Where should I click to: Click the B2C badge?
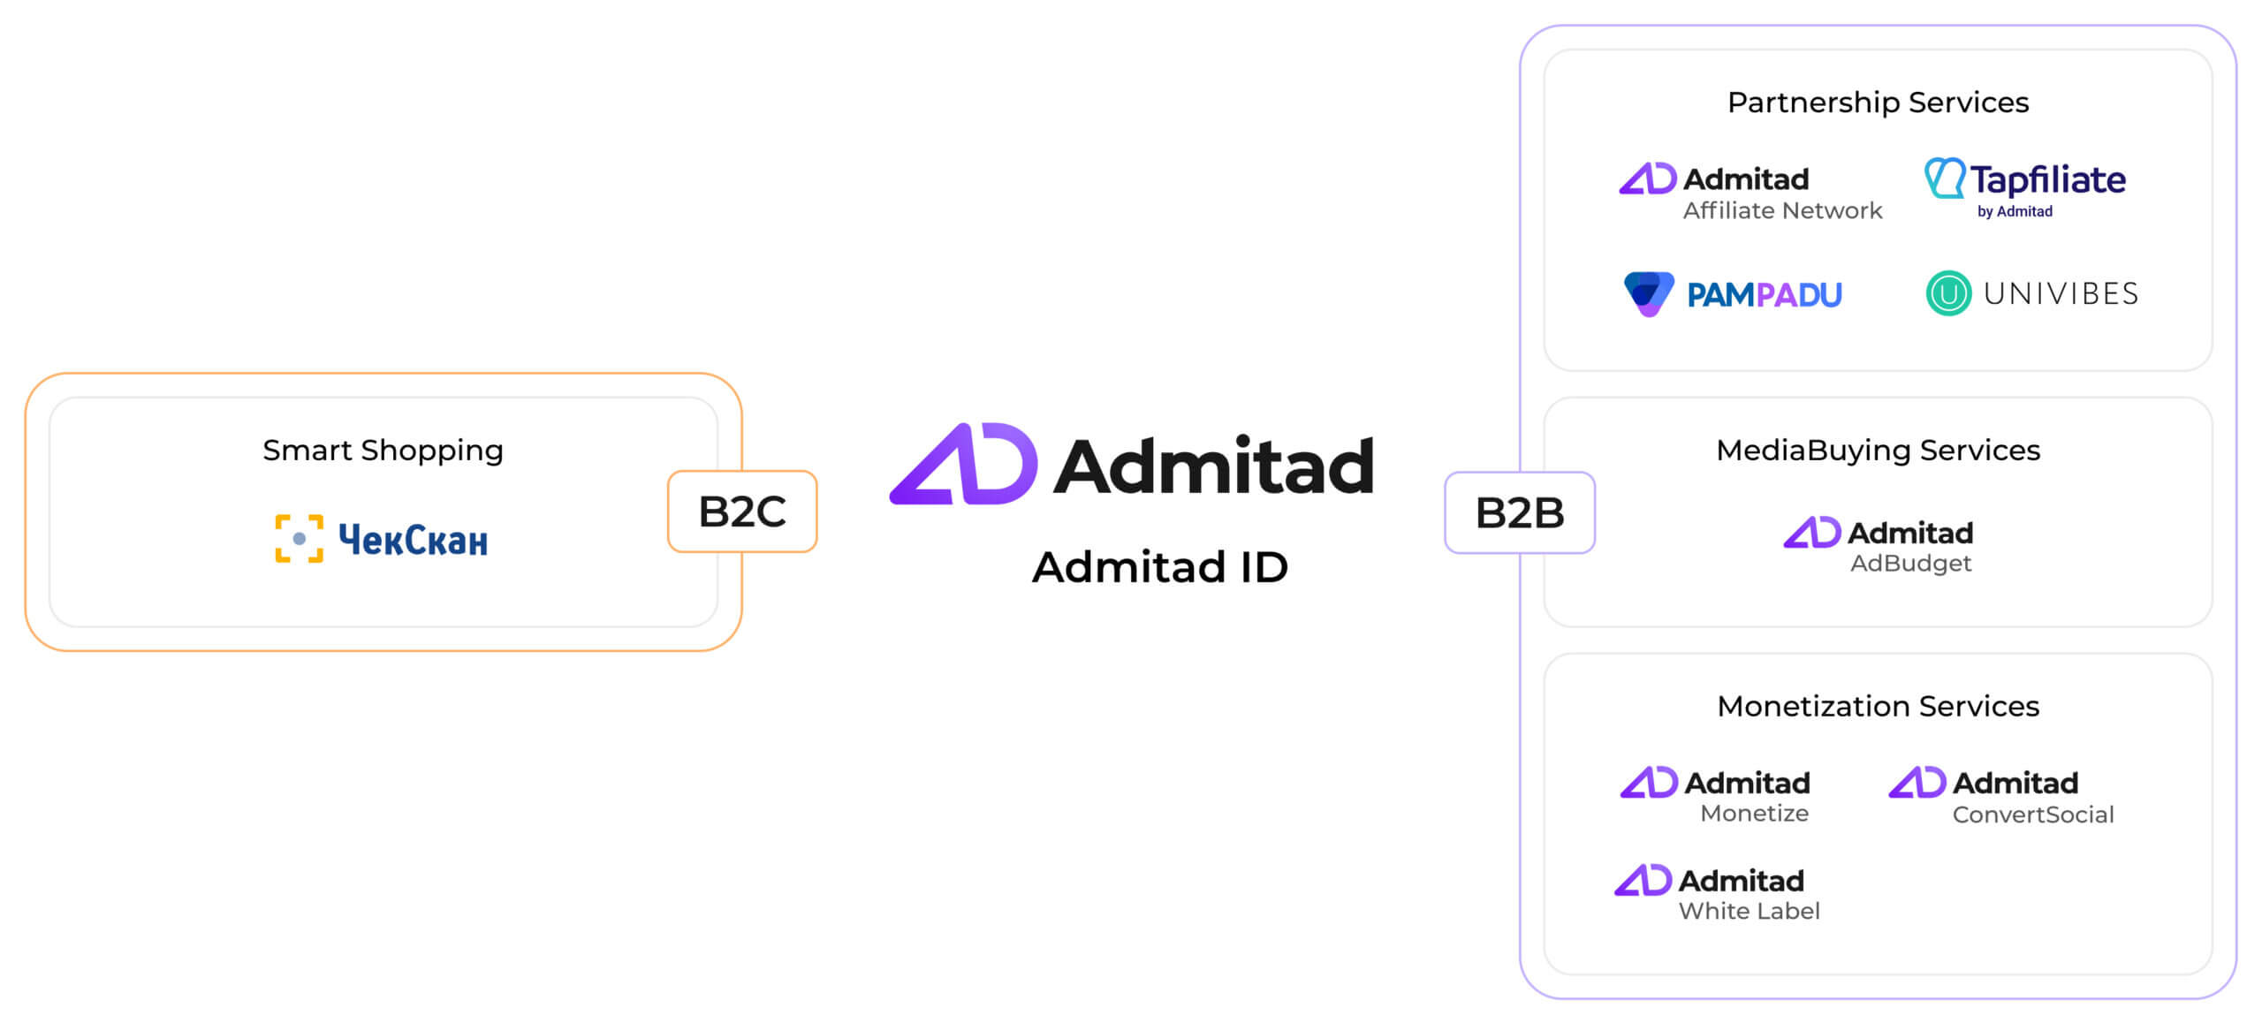pos(742,511)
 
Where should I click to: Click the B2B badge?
pos(1520,512)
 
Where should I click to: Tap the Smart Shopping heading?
pos(383,451)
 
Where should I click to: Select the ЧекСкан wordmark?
pos(413,540)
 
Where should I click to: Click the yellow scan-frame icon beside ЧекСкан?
pos(300,539)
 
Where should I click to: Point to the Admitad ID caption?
pos(1160,567)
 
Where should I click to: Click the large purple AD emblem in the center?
pos(963,464)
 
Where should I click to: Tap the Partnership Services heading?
pos(1878,102)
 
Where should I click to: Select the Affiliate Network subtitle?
pos(1782,210)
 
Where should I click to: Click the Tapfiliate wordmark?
pos(2048,180)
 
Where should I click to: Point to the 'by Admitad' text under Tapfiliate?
pos(2015,212)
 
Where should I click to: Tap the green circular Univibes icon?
pos(1948,293)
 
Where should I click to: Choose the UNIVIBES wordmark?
pos(2061,293)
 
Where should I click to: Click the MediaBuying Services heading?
pos(1878,451)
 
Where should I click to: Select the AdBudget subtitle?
pos(1910,564)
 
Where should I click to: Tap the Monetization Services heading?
pos(1878,707)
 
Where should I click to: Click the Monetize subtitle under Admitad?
pos(1754,814)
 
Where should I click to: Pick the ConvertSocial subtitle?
pos(2033,815)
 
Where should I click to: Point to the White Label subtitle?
pos(1749,912)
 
